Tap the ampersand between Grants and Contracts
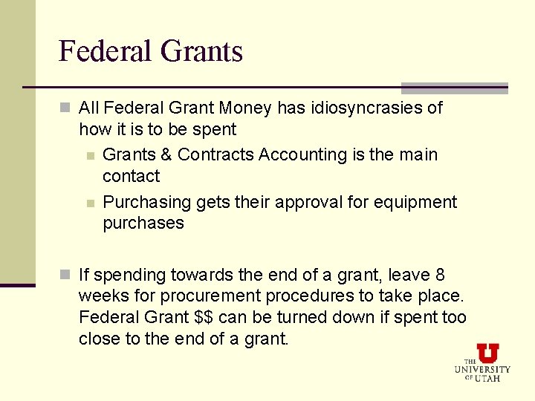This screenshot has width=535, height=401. (x=166, y=154)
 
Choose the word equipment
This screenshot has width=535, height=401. (x=420, y=202)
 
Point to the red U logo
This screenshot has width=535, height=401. (x=487, y=352)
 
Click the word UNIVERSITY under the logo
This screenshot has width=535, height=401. (x=483, y=369)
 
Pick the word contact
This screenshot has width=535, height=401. (x=131, y=176)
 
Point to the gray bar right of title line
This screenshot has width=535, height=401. (x=454, y=88)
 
